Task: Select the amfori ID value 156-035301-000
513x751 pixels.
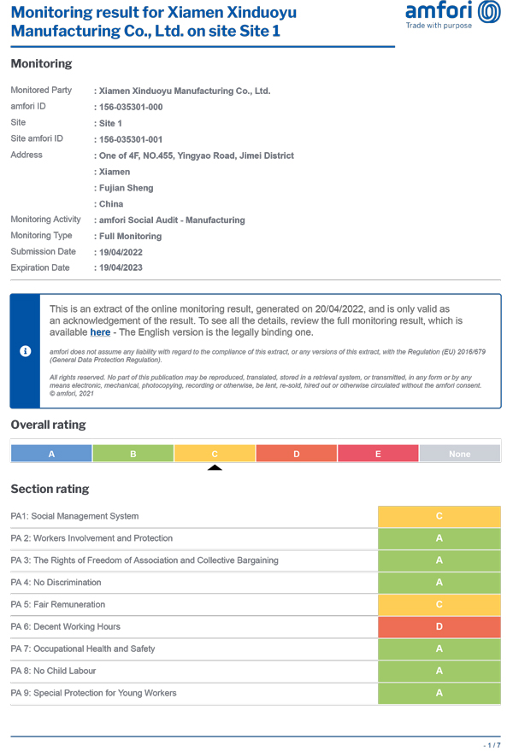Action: [131, 107]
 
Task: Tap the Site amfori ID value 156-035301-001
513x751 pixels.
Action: [131, 139]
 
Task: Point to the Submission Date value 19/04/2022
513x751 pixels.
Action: [121, 252]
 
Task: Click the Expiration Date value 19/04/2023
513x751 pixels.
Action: [121, 268]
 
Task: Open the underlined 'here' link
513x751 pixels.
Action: [100, 332]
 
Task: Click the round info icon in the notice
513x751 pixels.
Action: [26, 351]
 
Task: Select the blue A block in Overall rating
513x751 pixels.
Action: [51, 454]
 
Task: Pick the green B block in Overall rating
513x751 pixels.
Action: [133, 454]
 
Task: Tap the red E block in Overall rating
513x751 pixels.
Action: [378, 454]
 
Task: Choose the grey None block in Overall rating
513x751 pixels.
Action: [460, 454]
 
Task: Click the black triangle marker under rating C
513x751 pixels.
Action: [215, 467]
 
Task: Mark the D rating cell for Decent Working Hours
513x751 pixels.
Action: [439, 627]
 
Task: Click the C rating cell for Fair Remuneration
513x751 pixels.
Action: [439, 605]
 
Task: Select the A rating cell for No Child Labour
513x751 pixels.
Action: [439, 672]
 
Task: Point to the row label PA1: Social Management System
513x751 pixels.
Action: [74, 516]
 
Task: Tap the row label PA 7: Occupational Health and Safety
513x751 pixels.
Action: [83, 649]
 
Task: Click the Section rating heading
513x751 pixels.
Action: [50, 490]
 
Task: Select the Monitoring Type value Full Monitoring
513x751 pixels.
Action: [130, 236]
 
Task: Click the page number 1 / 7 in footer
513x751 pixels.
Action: [491, 744]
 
